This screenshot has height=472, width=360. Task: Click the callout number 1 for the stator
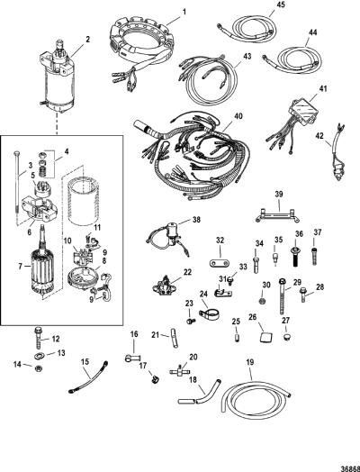tap(184, 12)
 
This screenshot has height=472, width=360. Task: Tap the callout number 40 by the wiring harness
tap(238, 116)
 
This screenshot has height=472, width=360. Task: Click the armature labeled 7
tap(42, 268)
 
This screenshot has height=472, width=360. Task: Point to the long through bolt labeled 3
tap(16, 184)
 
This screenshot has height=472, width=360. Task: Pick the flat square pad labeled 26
tap(265, 337)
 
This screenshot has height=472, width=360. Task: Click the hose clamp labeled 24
tap(209, 315)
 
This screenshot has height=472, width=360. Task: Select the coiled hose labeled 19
tap(256, 400)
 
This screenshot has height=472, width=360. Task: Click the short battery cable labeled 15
tap(88, 377)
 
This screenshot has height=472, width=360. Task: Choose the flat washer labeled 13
tap(39, 356)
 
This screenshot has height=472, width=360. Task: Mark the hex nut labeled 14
tap(38, 368)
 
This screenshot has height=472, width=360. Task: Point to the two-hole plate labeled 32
tap(220, 262)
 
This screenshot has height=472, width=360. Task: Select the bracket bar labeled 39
tap(278, 214)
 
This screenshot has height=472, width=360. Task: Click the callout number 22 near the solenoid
tap(187, 271)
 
